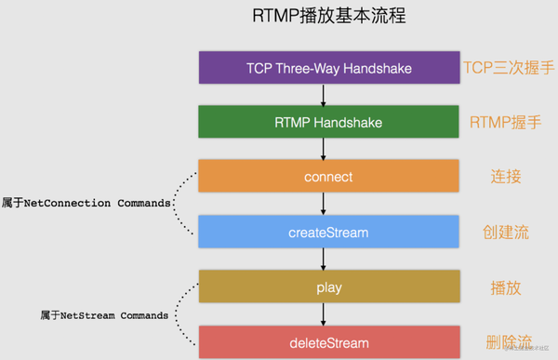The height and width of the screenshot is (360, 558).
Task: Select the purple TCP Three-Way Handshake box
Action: click(329, 68)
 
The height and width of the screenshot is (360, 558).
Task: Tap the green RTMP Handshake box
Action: click(329, 122)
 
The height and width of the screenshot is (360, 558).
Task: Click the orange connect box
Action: click(329, 177)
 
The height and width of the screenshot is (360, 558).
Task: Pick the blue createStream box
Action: click(329, 232)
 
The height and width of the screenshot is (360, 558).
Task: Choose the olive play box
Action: click(329, 287)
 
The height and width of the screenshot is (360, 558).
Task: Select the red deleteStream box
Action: click(329, 341)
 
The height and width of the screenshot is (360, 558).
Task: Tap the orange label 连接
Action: click(506, 177)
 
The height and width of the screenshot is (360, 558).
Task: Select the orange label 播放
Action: click(506, 287)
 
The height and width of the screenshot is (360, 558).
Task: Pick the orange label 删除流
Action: click(507, 341)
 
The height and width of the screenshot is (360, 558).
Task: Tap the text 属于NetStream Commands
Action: click(104, 315)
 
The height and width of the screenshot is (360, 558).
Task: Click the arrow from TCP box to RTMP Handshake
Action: click(323, 95)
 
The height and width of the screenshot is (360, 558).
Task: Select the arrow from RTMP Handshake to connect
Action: click(323, 149)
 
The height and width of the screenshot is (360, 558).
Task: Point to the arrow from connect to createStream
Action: click(323, 205)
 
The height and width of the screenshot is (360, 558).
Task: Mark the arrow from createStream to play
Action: click(323, 260)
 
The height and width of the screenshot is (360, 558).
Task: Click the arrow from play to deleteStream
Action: click(323, 314)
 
